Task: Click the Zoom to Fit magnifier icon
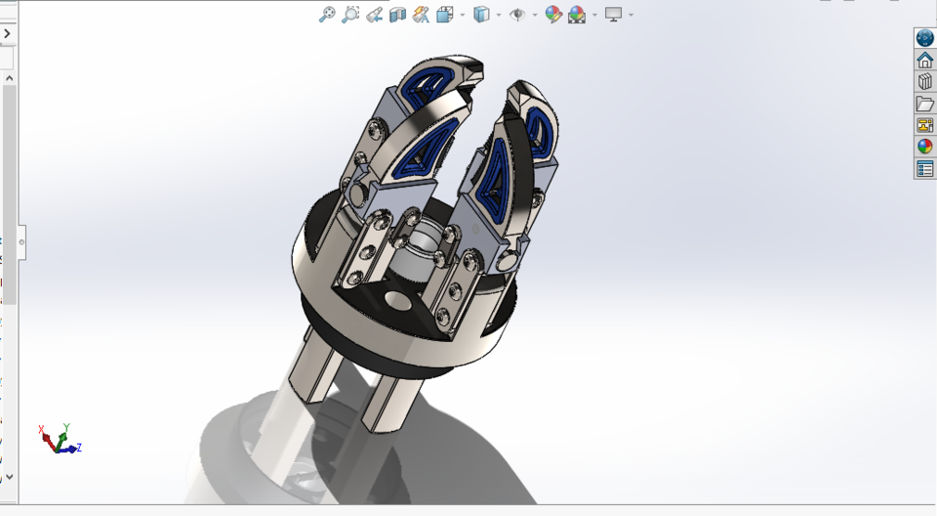tap(328, 14)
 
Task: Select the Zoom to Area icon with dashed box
tap(351, 14)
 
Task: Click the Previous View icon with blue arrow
tap(375, 14)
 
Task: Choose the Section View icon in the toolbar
tap(398, 14)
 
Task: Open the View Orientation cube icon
tap(445, 14)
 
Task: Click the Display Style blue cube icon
tap(481, 14)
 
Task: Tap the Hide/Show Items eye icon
tap(517, 14)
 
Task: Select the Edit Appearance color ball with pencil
tap(553, 14)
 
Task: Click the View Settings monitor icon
tap(613, 14)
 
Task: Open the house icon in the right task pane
tap(924, 60)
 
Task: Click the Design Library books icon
tap(924, 82)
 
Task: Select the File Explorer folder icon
tap(924, 104)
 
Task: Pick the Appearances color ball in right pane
tap(924, 147)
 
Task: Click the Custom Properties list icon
tap(924, 169)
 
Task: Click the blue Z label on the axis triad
tap(78, 448)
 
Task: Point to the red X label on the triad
tap(42, 429)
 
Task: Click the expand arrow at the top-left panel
tap(7, 33)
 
